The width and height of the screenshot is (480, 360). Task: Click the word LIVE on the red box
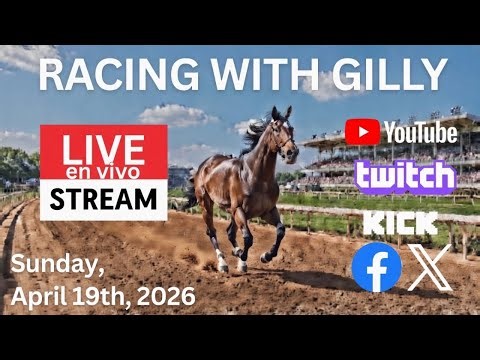(102, 149)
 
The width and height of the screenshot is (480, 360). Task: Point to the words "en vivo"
(102, 174)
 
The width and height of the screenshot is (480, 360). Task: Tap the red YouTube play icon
(362, 132)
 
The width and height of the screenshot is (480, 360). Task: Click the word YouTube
(419, 132)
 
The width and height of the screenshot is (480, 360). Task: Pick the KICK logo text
(393, 222)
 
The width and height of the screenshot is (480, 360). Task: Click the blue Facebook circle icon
(376, 268)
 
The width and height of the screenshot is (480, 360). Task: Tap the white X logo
(429, 267)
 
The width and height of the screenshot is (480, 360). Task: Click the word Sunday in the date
(54, 266)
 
